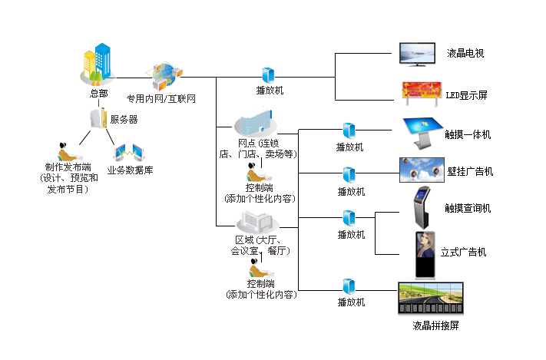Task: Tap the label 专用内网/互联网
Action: [161, 99]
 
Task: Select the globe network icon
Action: [167, 75]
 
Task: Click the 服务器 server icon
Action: [97, 119]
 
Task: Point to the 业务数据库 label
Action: [130, 170]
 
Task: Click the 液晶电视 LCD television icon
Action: [419, 54]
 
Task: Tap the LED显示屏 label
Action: [466, 96]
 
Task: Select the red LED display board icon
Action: [422, 91]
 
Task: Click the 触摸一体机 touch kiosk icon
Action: [422, 132]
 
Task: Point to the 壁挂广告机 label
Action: [469, 171]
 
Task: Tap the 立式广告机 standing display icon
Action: [424, 253]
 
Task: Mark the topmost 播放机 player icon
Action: [269, 75]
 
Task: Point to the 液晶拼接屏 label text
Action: [435, 326]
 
